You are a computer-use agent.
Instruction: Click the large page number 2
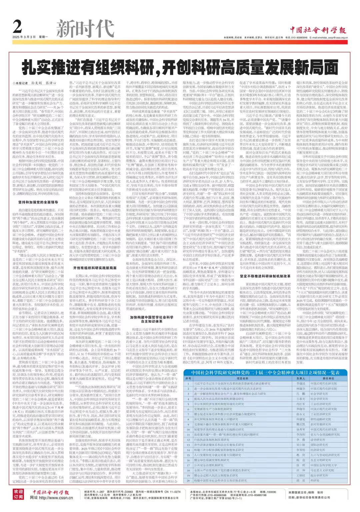tap(18, 26)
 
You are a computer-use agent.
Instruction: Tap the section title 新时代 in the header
tap(85, 28)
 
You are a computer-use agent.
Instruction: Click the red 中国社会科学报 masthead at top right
tap(318, 30)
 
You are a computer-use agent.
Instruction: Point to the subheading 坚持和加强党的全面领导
tap(38, 202)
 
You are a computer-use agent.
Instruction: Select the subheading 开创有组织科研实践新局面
tap(95, 268)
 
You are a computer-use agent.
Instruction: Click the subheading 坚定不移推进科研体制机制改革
tap(265, 276)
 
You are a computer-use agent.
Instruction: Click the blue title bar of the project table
tap(265, 373)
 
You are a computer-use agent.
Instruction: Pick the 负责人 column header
tap(301, 379)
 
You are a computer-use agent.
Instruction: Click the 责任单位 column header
tap(328, 379)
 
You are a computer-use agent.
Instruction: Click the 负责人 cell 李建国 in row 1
tap(301, 384)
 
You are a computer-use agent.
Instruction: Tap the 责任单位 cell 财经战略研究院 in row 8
tap(321, 419)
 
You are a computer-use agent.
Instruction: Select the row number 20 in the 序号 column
tap(188, 481)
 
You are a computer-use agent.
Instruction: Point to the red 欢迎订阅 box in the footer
tap(18, 494)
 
